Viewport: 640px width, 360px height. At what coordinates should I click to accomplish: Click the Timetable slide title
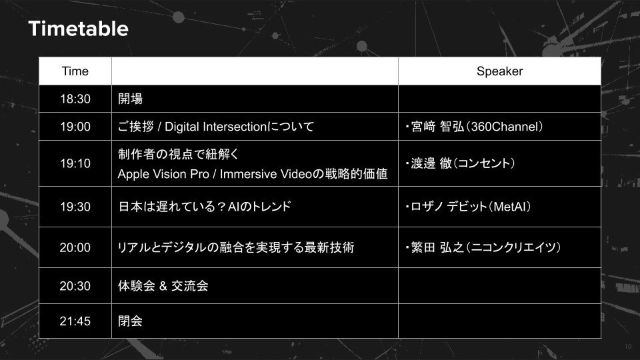click(x=79, y=29)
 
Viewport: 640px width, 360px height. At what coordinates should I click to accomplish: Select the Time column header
click(x=75, y=71)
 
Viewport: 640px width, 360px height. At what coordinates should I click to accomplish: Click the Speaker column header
click(x=499, y=71)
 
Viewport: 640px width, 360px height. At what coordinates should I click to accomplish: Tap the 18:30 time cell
click(x=75, y=99)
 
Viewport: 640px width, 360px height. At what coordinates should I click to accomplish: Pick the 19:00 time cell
click(x=75, y=127)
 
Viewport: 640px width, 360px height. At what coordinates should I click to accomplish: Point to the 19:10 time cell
click(x=75, y=163)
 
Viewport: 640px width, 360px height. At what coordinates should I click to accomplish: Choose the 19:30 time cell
click(x=75, y=207)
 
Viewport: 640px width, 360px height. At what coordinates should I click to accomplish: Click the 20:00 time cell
click(x=75, y=247)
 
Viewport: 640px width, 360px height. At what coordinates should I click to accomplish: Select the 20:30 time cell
click(x=75, y=286)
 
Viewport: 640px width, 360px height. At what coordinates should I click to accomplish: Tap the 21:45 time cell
click(x=75, y=321)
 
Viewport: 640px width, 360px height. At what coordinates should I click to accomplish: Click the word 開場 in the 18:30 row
click(x=130, y=99)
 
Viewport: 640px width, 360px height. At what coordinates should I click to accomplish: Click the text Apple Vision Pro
click(x=163, y=174)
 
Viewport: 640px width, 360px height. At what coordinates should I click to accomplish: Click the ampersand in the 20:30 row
click(x=163, y=286)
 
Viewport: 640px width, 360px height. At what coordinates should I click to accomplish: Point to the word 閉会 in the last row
click(x=130, y=321)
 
